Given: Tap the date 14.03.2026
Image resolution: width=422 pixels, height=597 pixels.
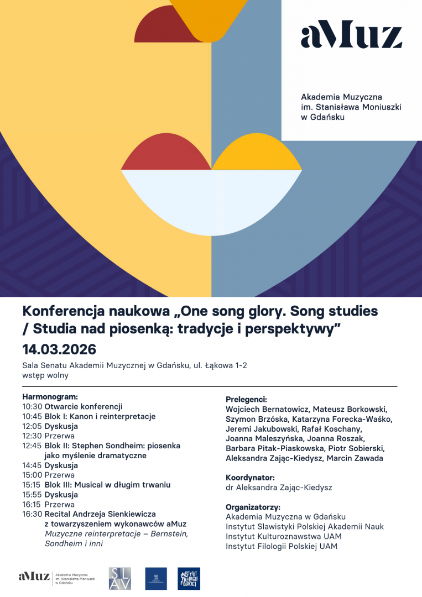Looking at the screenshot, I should pos(59,349).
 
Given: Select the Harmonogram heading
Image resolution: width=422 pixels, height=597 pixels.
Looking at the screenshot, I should pos(50,396).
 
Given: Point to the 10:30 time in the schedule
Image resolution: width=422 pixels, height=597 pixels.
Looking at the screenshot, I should pos(32,406).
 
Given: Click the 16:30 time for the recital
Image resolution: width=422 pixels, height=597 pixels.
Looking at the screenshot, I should pos(32,514).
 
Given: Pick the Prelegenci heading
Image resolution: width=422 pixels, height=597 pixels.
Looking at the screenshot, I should pos(246,399).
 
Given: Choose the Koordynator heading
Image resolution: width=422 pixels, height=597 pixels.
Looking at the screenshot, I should pos(250,478).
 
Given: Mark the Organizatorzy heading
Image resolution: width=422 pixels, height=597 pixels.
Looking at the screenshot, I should pos(253,507).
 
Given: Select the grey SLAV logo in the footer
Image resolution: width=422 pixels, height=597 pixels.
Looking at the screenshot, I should pos(120,578).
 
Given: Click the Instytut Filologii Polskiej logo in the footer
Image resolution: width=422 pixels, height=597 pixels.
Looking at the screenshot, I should pos(189,578).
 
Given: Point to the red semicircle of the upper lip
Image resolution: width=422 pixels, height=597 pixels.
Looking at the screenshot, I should pos(166,152).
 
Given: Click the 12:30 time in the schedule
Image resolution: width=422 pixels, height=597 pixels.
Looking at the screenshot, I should pos(32,436).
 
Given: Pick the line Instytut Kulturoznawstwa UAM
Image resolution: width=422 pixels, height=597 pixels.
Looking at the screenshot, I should pos(283,537).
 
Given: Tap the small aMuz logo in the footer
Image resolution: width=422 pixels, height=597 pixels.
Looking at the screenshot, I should pos(33,576).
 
